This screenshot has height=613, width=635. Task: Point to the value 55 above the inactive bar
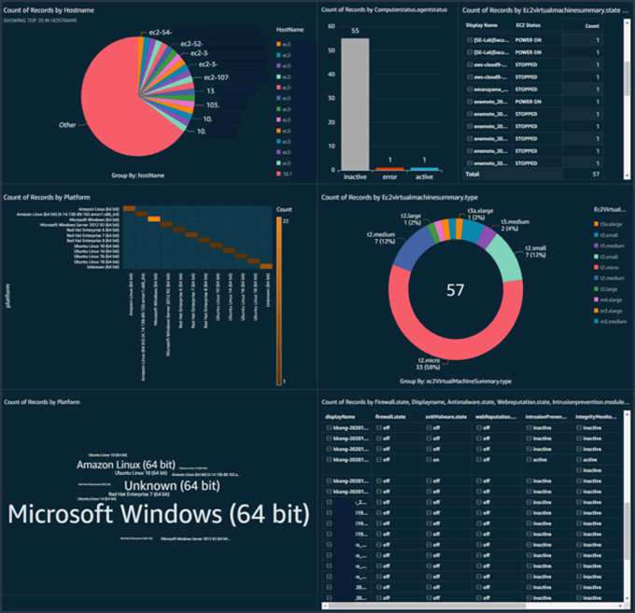355,31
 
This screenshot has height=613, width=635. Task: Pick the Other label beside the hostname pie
67,124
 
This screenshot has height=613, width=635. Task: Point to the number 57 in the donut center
454,291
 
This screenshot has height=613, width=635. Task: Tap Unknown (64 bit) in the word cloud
173,485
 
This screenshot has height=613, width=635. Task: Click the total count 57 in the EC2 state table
594,174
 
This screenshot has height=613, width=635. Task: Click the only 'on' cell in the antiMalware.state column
436,460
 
